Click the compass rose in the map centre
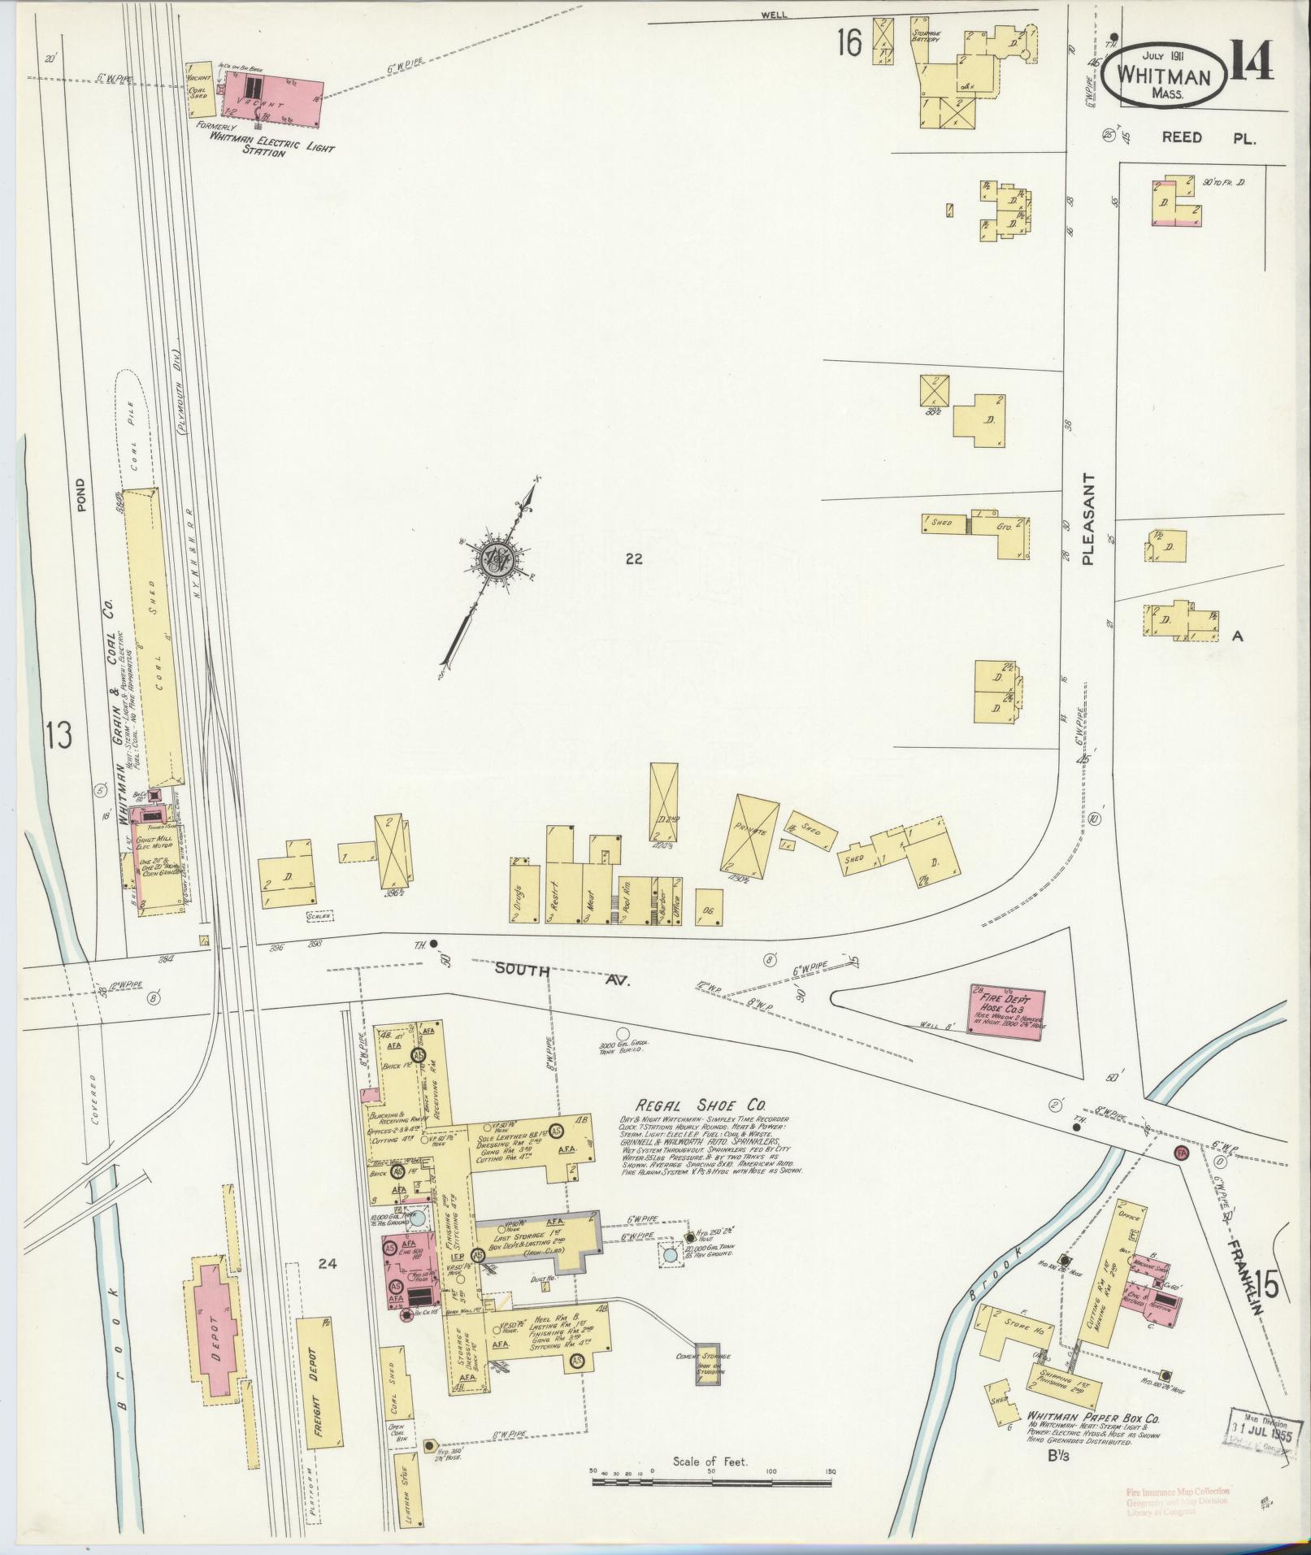[x=493, y=558]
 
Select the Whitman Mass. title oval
[x=1165, y=76]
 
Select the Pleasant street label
[x=1089, y=520]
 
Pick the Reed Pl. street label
[x=1209, y=137]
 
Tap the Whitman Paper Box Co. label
[x=1093, y=1417]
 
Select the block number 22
[x=634, y=558]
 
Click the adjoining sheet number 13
[x=59, y=736]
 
